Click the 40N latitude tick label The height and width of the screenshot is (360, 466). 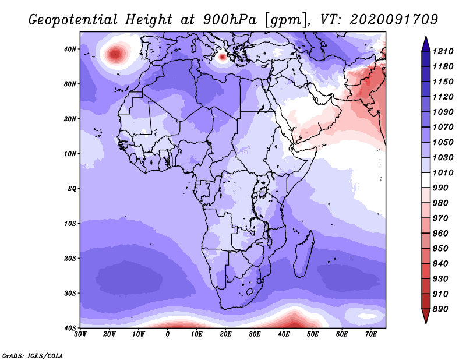point(70,49)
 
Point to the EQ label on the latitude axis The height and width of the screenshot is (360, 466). point(72,189)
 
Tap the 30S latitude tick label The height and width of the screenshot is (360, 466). point(70,294)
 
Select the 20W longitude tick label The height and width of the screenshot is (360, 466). point(110,334)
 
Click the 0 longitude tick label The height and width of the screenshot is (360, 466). point(168,334)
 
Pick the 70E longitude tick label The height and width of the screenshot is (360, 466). point(371,334)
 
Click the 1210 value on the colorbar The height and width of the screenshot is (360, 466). point(443,51)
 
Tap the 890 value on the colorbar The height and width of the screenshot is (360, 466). point(441,309)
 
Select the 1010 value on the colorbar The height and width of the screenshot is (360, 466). point(443,172)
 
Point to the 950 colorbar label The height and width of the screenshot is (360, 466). point(441,249)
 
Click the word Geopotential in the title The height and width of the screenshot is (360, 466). point(73,20)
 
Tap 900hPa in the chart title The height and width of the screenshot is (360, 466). point(230,20)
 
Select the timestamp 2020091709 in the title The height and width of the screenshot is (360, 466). point(394,20)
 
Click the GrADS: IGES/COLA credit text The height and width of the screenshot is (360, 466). point(33,356)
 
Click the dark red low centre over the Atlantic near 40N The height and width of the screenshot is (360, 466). point(115,54)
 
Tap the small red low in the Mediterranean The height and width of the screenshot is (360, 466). point(223,57)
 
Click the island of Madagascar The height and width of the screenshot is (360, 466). point(304,254)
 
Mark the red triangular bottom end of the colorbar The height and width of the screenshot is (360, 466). point(426,323)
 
